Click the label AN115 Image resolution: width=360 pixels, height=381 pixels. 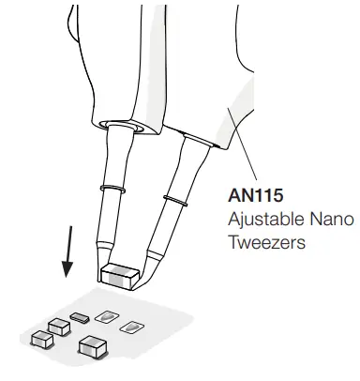(254, 199)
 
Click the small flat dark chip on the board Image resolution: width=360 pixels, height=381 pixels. (79, 316)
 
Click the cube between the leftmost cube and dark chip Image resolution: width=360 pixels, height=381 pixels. (58, 326)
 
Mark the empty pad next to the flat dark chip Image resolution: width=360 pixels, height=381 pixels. (107, 315)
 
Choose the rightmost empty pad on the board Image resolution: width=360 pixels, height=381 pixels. (131, 327)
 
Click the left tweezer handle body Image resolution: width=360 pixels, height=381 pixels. (103, 56)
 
